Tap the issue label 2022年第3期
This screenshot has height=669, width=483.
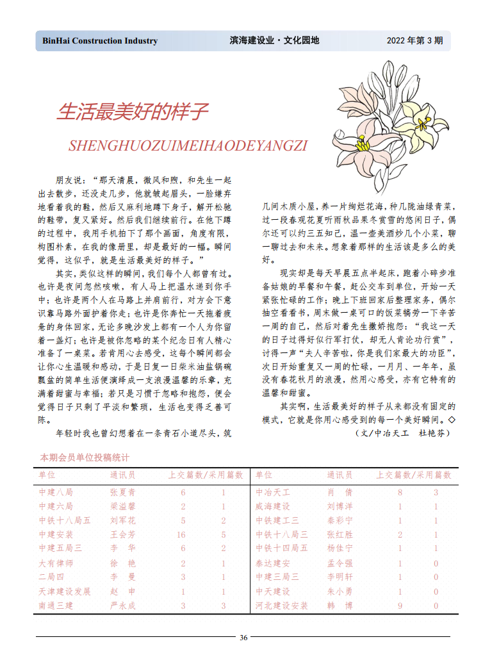pos(414,41)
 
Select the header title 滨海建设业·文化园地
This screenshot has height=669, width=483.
pos(274,41)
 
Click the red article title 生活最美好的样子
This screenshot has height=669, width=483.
pos(133,112)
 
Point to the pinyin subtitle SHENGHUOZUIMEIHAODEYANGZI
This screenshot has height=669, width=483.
pos(188,145)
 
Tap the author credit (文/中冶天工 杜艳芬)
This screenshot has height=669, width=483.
pos(402,434)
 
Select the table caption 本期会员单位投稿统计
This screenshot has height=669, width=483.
pos(85,458)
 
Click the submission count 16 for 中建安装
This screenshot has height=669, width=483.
pos(182,534)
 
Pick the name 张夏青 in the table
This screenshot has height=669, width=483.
pos(123,493)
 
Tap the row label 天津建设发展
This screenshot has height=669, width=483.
pos(65,591)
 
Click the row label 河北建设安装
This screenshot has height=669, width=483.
pos(281,606)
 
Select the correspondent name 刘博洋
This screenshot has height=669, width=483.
pos(340,506)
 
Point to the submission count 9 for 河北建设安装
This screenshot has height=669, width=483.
pos(400,606)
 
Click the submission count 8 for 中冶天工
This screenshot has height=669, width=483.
pos(400,493)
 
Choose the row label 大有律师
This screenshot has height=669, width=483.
pos(56,563)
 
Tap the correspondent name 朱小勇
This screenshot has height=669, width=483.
pos(340,591)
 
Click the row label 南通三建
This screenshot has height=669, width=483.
pos(56,606)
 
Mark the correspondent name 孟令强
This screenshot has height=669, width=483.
pos(340,563)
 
